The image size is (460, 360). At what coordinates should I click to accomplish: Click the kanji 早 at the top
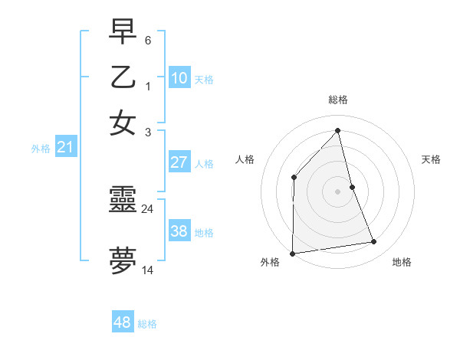(x=123, y=32)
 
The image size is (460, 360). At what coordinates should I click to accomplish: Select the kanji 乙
(x=123, y=77)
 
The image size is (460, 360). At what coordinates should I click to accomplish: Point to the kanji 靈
(x=123, y=201)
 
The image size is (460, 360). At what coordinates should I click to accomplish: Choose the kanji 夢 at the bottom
(x=123, y=260)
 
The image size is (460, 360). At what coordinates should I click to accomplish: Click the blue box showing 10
(x=179, y=78)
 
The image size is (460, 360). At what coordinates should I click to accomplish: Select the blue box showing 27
(x=179, y=162)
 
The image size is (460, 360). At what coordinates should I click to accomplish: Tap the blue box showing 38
(x=179, y=231)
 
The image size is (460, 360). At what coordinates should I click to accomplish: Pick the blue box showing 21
(x=64, y=147)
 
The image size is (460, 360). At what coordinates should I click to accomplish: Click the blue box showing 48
(x=123, y=322)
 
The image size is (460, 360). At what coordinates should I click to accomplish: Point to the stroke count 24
(x=148, y=208)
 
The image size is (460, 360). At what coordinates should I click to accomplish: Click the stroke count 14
(x=148, y=270)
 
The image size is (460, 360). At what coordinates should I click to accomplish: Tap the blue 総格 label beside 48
(x=148, y=324)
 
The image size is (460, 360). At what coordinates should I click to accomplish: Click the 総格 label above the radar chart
(x=338, y=100)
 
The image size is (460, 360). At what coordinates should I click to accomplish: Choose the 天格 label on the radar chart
(x=432, y=159)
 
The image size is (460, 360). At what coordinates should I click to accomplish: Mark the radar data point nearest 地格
(x=374, y=242)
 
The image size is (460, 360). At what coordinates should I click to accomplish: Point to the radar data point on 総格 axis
(x=338, y=131)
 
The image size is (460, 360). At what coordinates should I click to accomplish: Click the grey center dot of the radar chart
(x=338, y=191)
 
